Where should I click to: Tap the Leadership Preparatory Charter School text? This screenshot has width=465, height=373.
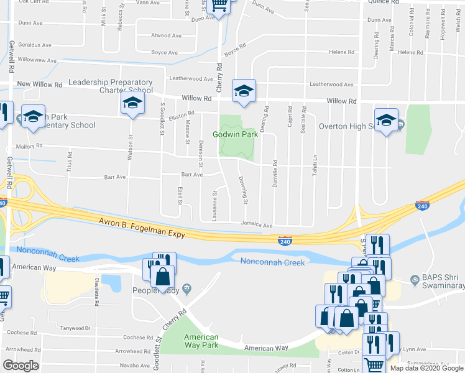[x=110, y=86]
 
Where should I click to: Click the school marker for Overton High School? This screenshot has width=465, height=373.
[x=385, y=121]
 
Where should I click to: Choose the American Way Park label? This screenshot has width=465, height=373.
[x=201, y=341]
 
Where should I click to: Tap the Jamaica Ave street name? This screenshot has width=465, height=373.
[x=257, y=225]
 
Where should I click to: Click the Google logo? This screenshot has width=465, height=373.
[x=21, y=365]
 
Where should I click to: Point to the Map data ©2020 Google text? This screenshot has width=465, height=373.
[x=426, y=368]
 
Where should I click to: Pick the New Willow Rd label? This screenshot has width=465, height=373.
[x=40, y=84]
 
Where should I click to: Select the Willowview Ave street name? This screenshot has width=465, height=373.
[x=37, y=60]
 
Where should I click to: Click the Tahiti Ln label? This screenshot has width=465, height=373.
[x=315, y=165]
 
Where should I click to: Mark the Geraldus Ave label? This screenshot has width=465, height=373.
[x=35, y=45]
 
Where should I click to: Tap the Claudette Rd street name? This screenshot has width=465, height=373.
[x=97, y=292]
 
